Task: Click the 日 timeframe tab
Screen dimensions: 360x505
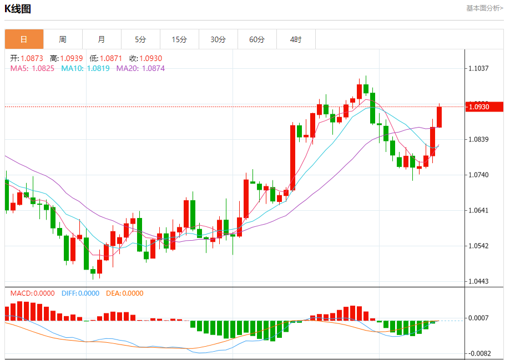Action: coord(24,39)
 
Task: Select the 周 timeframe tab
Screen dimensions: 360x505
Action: coord(63,39)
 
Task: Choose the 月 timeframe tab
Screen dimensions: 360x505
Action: coord(102,39)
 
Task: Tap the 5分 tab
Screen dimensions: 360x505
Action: coord(140,39)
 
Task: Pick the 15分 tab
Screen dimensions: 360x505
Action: coord(179,39)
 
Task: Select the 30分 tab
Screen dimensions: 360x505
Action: coord(218,39)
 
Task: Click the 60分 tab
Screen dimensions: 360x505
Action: coord(257,39)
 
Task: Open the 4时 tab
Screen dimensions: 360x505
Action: coord(296,39)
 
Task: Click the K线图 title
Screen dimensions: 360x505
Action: coord(18,8)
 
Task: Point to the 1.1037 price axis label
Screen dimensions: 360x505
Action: coord(478,68)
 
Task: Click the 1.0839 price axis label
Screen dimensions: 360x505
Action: coord(478,139)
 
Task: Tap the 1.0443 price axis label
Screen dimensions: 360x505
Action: coord(478,281)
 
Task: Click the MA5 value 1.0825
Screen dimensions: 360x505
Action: coord(43,68)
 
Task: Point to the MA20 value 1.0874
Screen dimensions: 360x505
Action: coord(153,68)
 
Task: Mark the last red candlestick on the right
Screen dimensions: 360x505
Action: coord(440,116)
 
